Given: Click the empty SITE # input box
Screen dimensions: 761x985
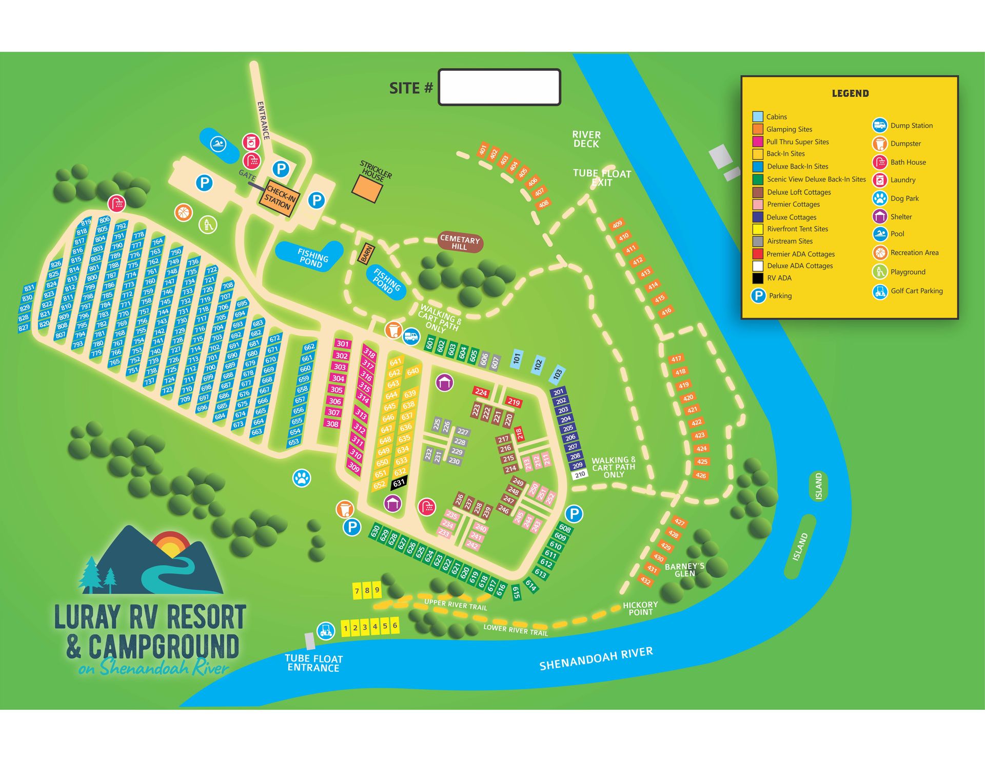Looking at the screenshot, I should [499, 87].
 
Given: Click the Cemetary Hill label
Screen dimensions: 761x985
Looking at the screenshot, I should [460, 243].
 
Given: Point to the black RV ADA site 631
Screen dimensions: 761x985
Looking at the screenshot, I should [399, 483].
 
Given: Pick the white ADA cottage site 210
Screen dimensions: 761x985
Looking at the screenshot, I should [580, 475].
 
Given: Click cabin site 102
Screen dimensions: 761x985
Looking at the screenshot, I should [538, 365].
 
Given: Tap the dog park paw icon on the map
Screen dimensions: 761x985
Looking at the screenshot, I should [302, 478].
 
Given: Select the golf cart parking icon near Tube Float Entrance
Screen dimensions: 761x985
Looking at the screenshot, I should [325, 630].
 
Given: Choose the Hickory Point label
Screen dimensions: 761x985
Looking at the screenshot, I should [640, 609].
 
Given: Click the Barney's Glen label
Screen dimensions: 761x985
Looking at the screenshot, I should [684, 570].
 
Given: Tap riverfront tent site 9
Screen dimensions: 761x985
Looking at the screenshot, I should [377, 590].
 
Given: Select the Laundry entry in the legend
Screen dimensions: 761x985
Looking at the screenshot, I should [902, 180].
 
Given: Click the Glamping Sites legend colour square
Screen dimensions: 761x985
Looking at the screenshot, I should [758, 129].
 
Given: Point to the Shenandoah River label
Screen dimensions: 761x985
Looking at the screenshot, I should [596, 658].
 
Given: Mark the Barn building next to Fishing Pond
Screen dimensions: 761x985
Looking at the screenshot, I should [366, 253].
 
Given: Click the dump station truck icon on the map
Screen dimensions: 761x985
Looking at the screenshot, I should [411, 337].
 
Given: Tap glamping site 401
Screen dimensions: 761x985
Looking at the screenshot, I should [482, 150].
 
